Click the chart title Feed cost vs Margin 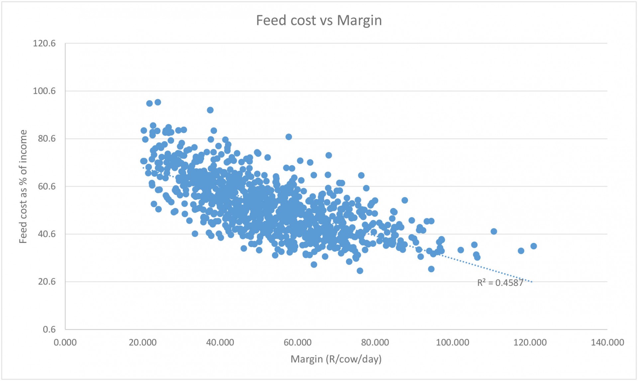[x=319, y=20]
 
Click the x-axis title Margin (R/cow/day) [x=336, y=359]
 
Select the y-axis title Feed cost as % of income [x=23, y=186]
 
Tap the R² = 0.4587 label [x=500, y=283]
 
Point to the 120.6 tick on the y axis [x=44, y=44]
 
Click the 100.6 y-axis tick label [x=44, y=91]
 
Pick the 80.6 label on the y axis [x=47, y=139]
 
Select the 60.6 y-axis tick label [x=47, y=186]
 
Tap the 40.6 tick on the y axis [x=47, y=234]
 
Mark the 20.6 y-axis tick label [x=47, y=282]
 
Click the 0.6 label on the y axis [x=49, y=329]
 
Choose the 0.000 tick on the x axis [x=65, y=342]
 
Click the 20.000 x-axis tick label [x=143, y=342]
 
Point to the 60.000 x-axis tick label [x=297, y=342]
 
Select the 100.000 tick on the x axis [x=453, y=342]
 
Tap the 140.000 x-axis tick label [x=607, y=342]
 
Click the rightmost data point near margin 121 [x=534, y=246]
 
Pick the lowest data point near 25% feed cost [x=360, y=271]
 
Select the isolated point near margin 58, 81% [x=289, y=137]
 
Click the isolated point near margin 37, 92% [x=210, y=110]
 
